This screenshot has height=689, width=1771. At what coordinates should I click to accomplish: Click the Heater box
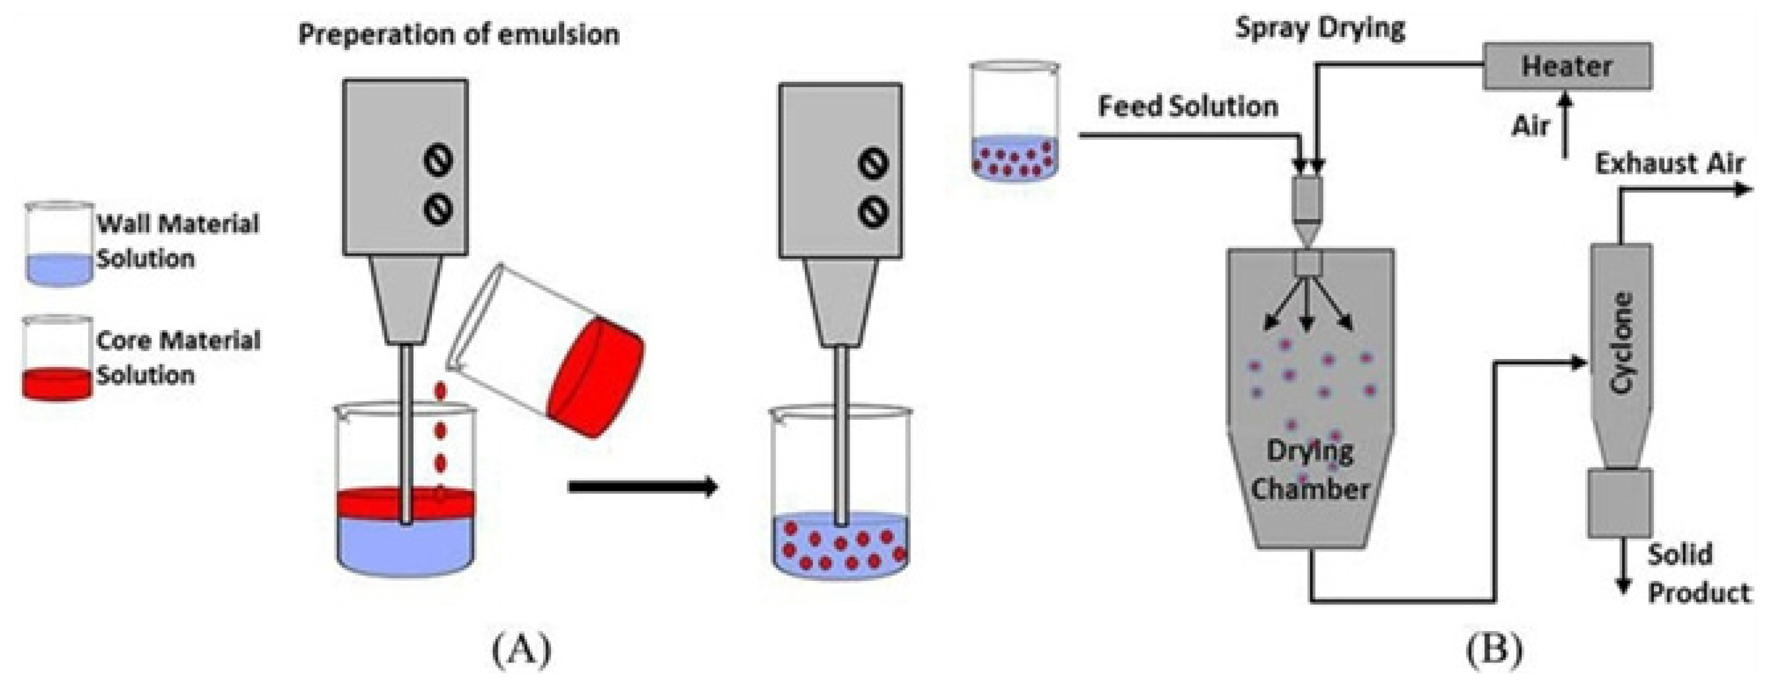[x=1567, y=66]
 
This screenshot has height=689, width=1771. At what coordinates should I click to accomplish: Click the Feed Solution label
[x=1188, y=107]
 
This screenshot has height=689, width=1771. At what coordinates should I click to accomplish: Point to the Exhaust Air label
[x=1669, y=164]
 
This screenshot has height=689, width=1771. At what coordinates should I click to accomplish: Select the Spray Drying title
[x=1320, y=29]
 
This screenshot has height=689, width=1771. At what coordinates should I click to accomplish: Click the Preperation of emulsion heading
[x=459, y=34]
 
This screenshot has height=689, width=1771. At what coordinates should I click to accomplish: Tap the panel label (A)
[x=522, y=649]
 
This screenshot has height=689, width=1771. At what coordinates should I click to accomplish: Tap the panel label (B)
[x=1495, y=649]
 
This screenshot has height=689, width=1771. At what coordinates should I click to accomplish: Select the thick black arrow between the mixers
[x=643, y=487]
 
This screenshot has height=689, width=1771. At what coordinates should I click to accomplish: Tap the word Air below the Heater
[x=1530, y=127]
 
